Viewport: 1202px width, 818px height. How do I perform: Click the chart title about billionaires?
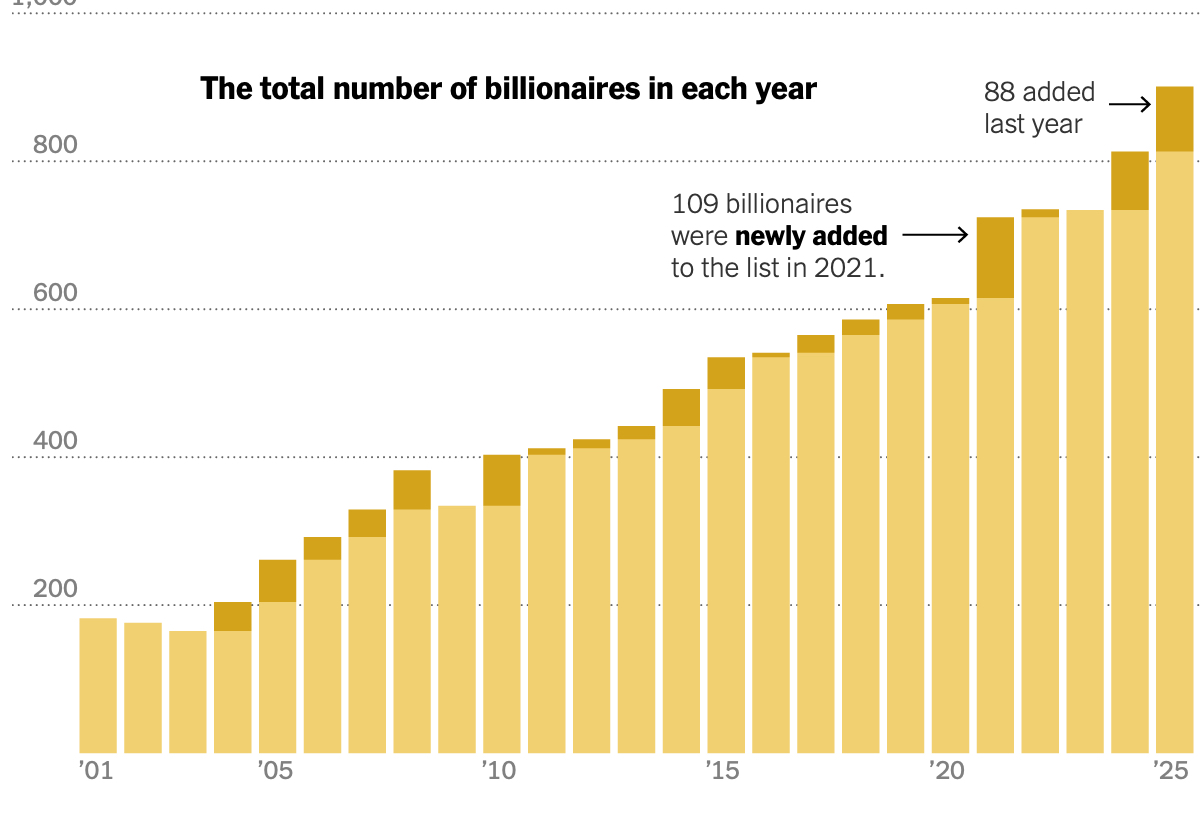pyautogui.click(x=508, y=89)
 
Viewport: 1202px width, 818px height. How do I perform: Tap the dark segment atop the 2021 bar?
pyautogui.click(x=995, y=257)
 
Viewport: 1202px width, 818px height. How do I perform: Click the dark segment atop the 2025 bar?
pyautogui.click(x=1174, y=119)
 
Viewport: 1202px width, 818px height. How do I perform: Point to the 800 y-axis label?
pyautogui.click(x=55, y=146)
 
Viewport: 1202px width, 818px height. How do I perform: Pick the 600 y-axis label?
pyautogui.click(x=55, y=294)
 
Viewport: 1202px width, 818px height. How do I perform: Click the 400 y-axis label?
pyautogui.click(x=55, y=442)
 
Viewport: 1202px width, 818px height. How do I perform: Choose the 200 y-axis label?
pyautogui.click(x=55, y=590)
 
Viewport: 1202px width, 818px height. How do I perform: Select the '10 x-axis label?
pyautogui.click(x=499, y=772)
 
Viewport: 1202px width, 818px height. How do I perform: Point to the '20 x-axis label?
pyautogui.click(x=947, y=772)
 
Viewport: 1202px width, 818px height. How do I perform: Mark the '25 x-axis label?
pyautogui.click(x=1169, y=772)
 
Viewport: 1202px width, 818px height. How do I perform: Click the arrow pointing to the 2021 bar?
pyautogui.click(x=935, y=236)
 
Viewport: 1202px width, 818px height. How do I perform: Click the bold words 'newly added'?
pyautogui.click(x=811, y=236)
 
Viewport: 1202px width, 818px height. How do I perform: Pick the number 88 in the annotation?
pyautogui.click(x=1000, y=92)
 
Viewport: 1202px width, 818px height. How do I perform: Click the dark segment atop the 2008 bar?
pyautogui.click(x=412, y=489)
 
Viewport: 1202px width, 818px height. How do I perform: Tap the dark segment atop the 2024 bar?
pyautogui.click(x=1130, y=180)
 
